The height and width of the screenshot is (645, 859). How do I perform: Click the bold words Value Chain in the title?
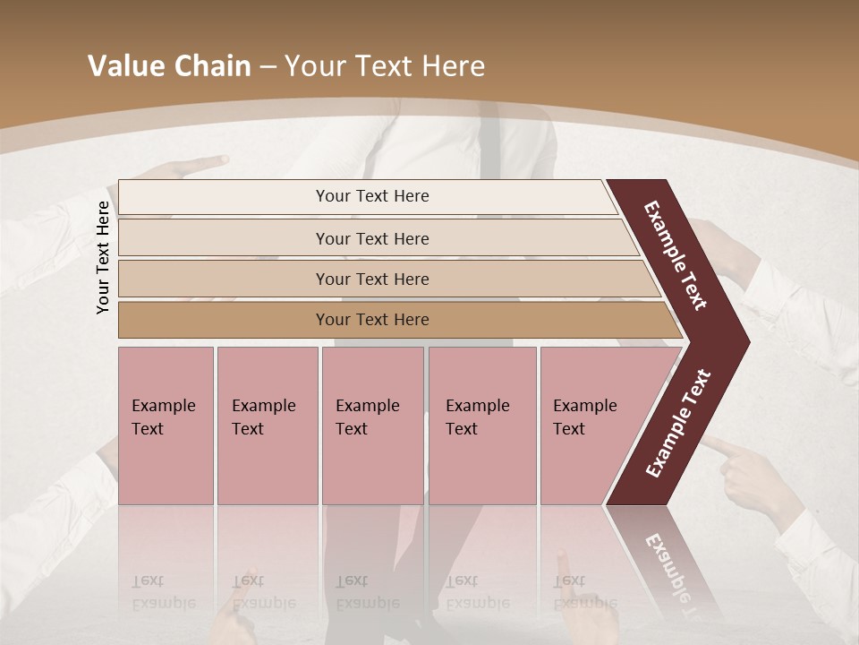tap(169, 66)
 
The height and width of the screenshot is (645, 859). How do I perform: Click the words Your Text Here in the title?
tap(385, 66)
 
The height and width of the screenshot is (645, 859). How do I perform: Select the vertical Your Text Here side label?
tap(103, 257)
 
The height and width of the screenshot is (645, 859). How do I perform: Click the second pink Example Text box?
tap(267, 426)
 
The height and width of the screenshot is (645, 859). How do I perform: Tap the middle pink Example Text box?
tap(371, 426)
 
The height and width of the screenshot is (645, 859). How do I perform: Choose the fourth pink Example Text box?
tap(481, 426)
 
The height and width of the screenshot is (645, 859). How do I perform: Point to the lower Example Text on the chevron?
tap(678, 423)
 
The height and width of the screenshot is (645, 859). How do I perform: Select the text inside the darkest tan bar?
tap(372, 320)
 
